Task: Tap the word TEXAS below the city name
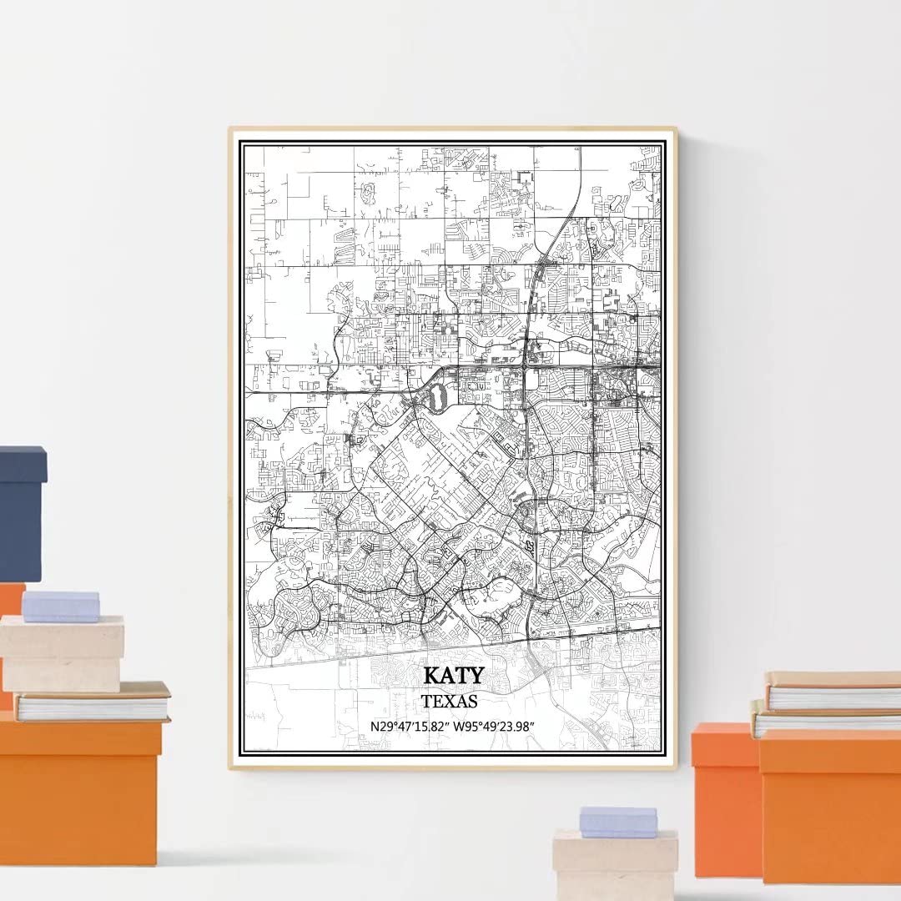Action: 450,701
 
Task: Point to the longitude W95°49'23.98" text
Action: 494,726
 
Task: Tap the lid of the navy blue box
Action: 23,464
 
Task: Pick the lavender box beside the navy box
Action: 61,606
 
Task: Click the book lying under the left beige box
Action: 92,702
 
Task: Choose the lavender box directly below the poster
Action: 618,821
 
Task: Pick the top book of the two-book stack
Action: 834,691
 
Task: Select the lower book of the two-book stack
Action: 826,719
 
